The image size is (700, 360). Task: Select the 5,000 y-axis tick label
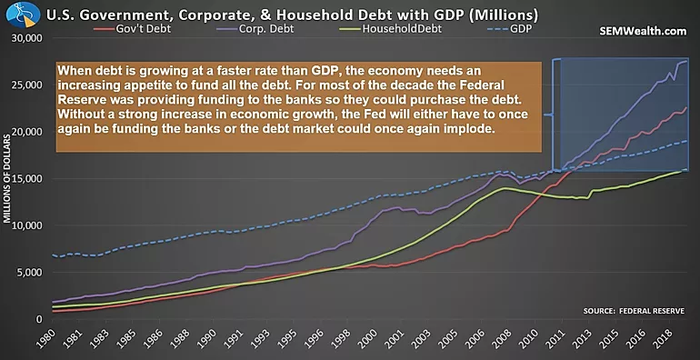tap(28, 273)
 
